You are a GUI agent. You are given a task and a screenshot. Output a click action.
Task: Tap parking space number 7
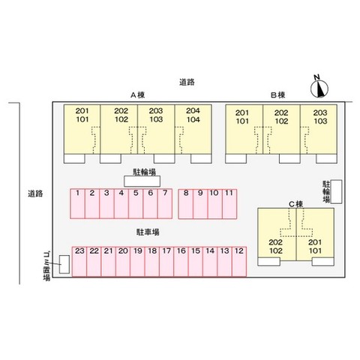(165, 203)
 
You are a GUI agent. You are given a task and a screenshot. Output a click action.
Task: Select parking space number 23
(79, 262)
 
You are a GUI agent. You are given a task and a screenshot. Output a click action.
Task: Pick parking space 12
(239, 262)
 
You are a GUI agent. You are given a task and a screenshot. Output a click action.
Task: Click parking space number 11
(229, 204)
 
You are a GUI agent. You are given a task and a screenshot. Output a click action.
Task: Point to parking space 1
(77, 203)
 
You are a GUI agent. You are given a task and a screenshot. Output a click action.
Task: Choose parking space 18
(152, 262)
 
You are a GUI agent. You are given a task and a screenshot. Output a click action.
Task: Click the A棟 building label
(138, 95)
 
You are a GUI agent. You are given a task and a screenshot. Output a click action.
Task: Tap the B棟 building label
(278, 95)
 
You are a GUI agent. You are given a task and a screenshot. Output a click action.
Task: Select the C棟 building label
(296, 204)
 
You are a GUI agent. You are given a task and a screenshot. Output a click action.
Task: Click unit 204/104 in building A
(193, 129)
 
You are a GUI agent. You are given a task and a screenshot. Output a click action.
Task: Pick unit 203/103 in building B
(319, 129)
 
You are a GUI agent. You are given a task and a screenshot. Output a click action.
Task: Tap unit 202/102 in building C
(277, 234)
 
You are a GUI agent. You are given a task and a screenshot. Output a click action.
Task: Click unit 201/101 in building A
(82, 129)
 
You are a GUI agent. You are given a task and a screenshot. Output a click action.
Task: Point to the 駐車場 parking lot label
(148, 232)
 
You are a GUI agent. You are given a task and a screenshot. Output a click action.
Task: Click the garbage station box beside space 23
(64, 264)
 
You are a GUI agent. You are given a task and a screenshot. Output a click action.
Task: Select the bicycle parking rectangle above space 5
(142, 181)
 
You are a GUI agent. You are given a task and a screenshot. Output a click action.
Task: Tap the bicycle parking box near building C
(336, 191)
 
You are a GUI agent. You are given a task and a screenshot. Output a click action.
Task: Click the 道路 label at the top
(187, 82)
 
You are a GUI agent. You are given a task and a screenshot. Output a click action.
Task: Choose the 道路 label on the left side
(35, 193)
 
